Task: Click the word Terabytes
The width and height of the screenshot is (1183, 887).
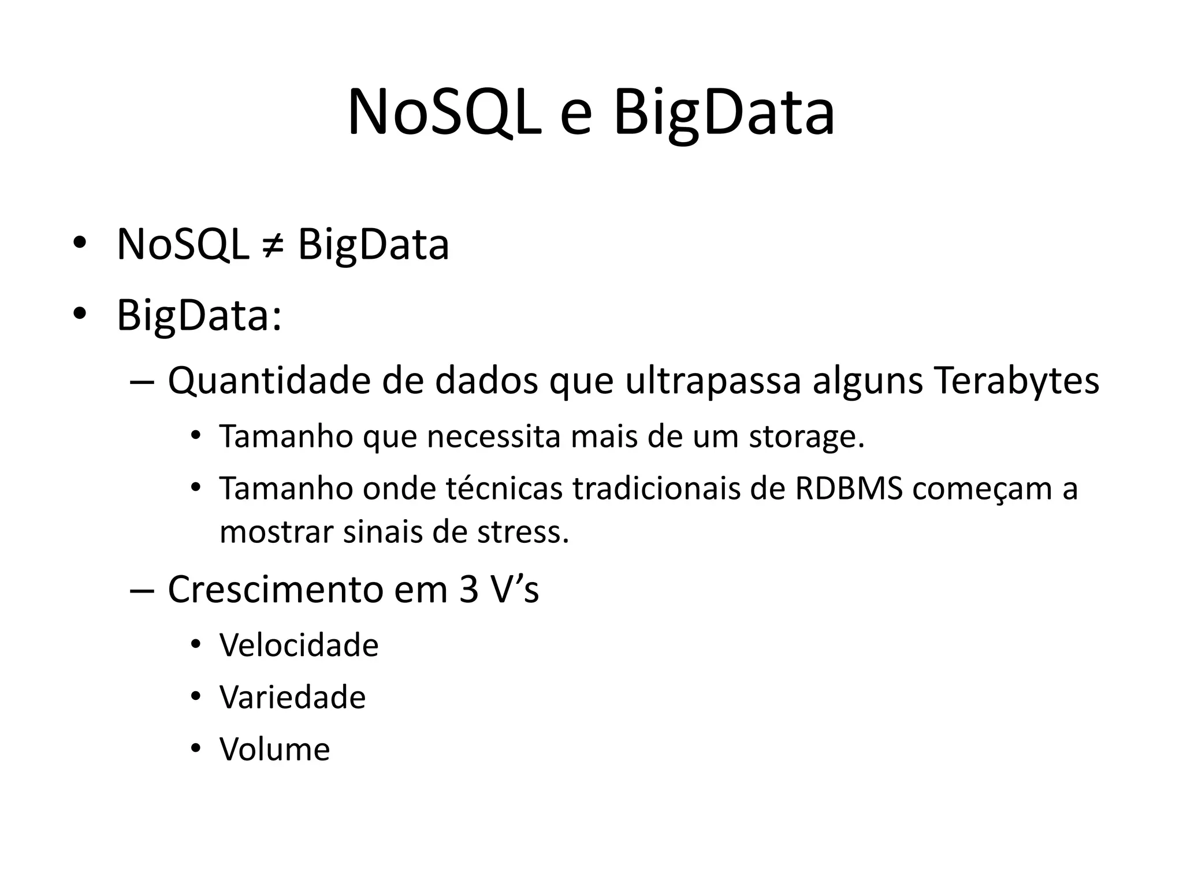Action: pos(1016,381)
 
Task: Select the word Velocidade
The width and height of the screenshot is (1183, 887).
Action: pos(299,645)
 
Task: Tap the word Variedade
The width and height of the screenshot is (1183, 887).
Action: pos(292,697)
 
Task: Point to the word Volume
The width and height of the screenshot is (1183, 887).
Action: pos(274,749)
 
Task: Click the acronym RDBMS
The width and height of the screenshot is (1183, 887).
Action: pos(849,488)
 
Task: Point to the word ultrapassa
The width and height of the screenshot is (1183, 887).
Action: pos(713,382)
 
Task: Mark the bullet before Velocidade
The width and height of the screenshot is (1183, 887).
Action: pos(196,644)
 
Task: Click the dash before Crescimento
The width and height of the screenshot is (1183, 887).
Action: pos(142,590)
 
